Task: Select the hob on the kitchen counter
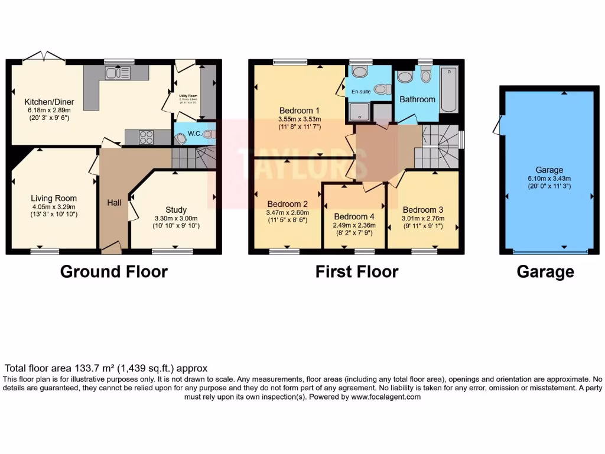146,137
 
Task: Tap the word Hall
114,203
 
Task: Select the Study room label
176,210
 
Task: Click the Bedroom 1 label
300,110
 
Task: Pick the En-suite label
360,92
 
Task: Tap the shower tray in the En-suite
358,112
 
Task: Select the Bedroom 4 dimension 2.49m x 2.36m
355,225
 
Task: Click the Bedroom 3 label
422,210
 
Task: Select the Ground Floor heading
114,271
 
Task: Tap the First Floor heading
357,271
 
